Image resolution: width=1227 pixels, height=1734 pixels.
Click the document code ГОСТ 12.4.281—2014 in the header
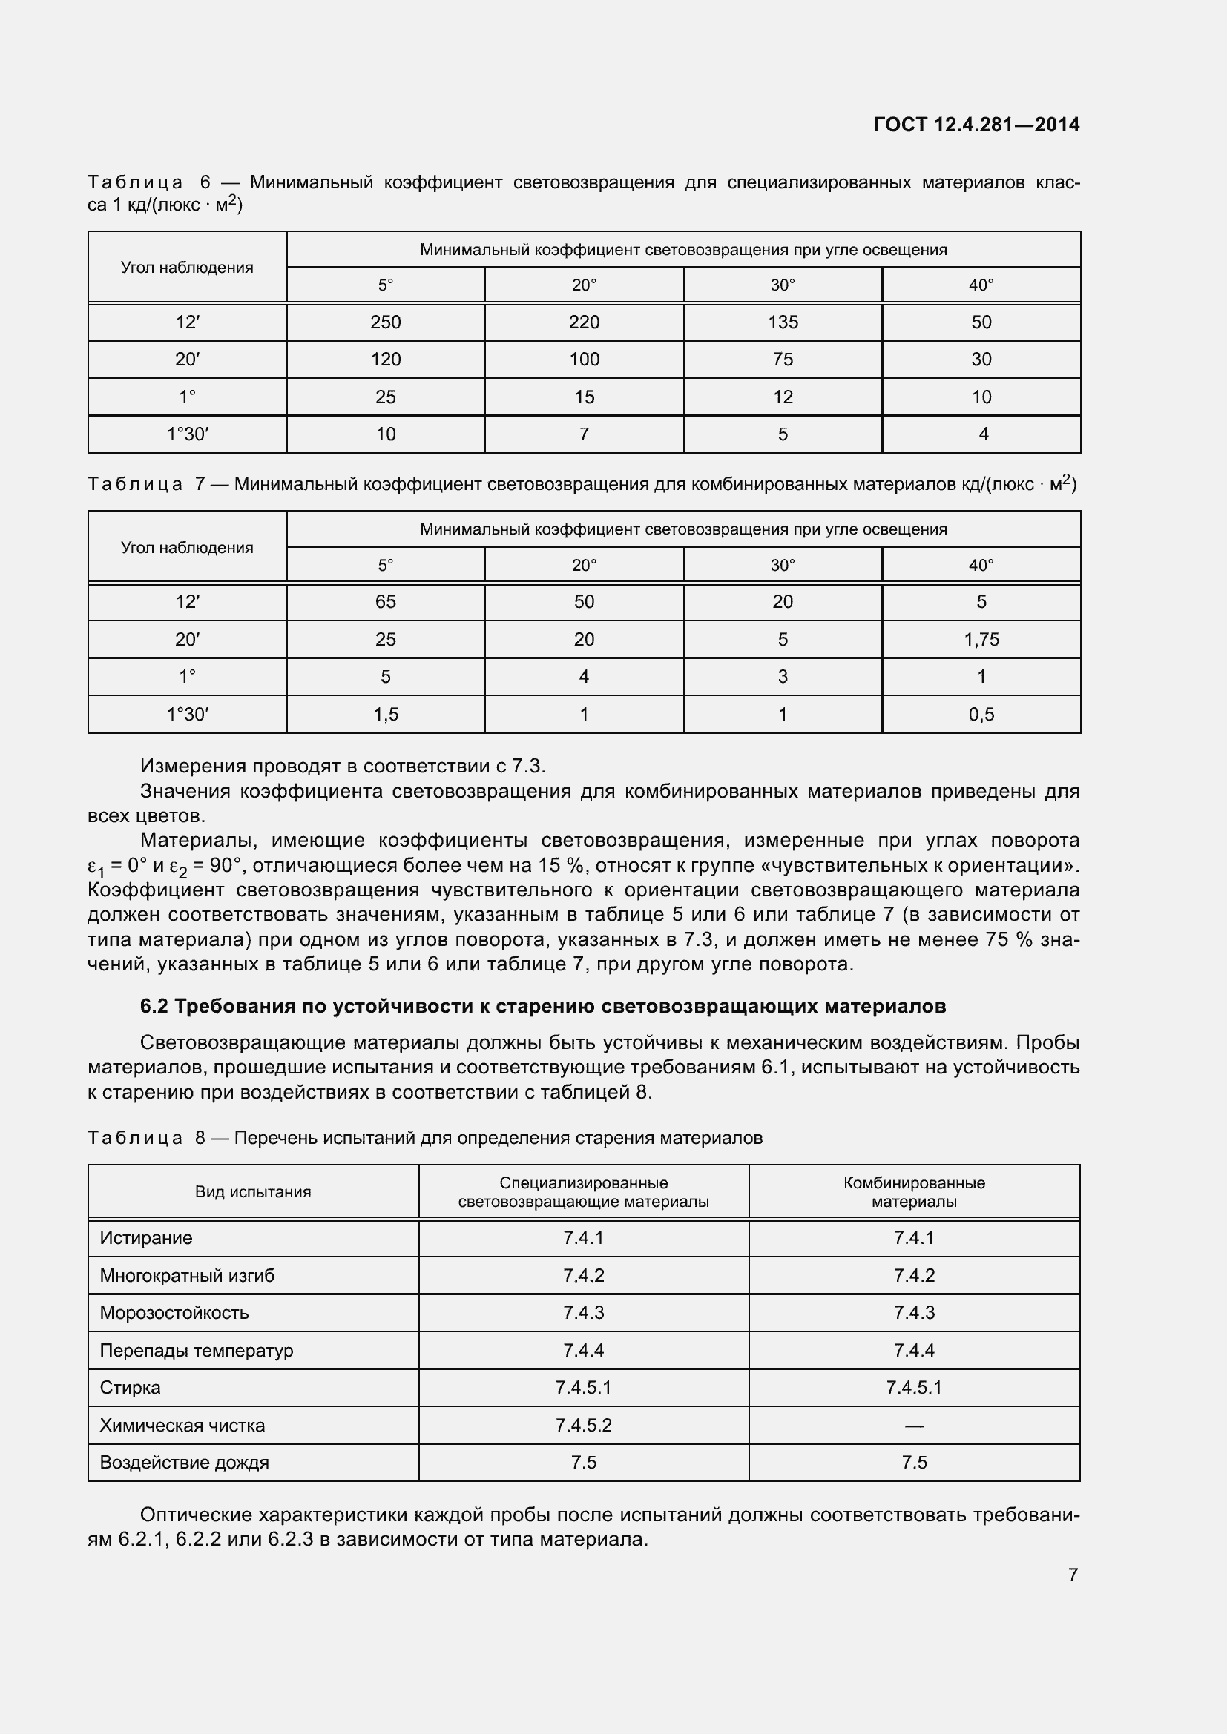(976, 125)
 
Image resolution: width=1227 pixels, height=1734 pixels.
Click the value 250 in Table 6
(385, 322)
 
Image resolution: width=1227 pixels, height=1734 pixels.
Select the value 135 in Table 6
(783, 322)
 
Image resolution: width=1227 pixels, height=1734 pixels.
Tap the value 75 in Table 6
(783, 360)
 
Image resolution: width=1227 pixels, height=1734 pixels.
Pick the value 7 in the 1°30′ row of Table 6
(584, 434)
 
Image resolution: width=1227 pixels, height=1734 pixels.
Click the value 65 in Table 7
(385, 602)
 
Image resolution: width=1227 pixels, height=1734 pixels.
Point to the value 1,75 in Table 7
(981, 640)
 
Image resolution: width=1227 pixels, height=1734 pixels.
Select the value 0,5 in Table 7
(981, 715)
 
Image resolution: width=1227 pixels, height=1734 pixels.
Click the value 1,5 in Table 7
(385, 715)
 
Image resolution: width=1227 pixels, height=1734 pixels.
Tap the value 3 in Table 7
(783, 677)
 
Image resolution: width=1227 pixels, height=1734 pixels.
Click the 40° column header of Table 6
(981, 285)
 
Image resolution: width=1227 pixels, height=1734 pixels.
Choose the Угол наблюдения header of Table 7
(187, 548)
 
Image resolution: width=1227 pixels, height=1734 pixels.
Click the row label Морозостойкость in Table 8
(174, 1313)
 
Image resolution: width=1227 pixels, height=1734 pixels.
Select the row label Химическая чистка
(182, 1425)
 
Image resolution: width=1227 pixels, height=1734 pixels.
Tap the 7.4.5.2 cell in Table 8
(583, 1425)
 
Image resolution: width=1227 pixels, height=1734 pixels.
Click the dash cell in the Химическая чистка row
(913, 1426)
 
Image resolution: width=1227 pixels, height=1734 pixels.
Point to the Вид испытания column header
(252, 1192)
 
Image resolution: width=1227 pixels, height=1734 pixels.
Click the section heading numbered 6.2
(542, 1007)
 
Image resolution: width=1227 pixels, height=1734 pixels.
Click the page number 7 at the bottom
(1072, 1575)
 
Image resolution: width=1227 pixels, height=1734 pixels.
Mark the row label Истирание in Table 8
(146, 1238)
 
